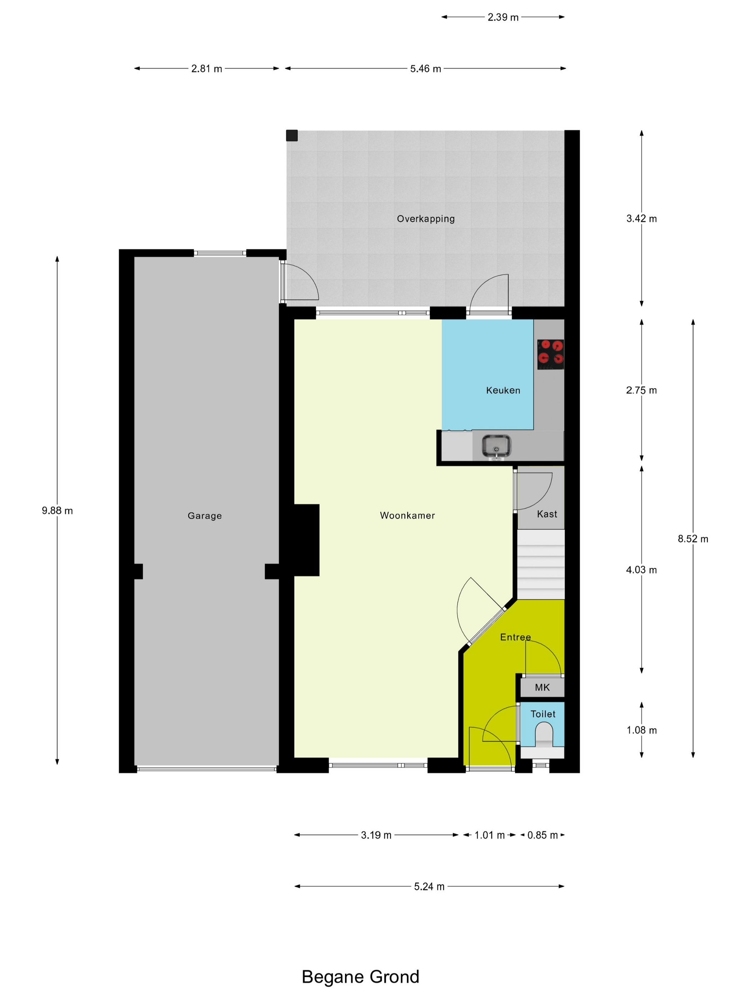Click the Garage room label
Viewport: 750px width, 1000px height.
204,515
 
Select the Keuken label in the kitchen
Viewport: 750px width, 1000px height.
503,390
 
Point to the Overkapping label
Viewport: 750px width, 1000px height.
425,219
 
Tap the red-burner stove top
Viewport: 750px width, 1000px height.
550,354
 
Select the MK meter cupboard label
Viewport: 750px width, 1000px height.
542,687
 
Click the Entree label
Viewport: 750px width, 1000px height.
515,637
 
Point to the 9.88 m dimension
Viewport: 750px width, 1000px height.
57,510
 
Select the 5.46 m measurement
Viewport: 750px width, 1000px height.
425,69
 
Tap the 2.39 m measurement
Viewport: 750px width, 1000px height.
503,17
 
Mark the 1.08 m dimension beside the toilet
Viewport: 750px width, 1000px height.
641,730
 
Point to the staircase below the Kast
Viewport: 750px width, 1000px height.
541,564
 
